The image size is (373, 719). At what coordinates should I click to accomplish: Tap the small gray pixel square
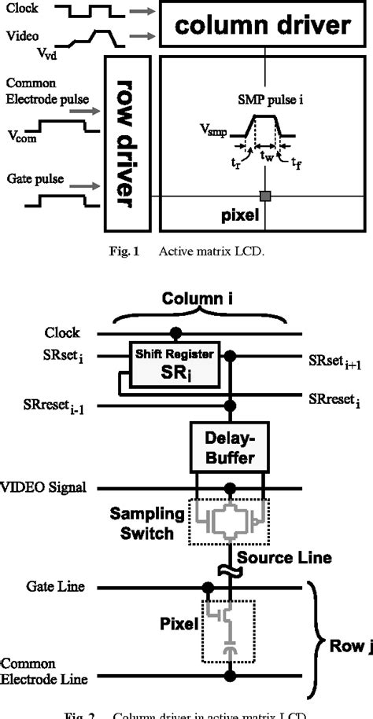point(267,194)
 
